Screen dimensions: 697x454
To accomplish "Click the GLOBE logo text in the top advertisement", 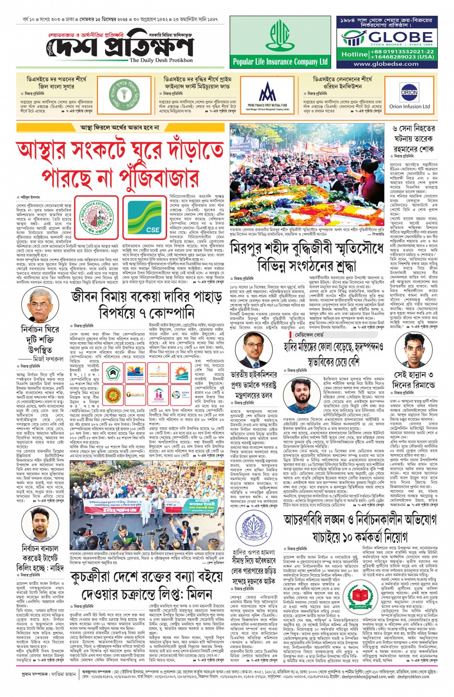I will pos(394,37).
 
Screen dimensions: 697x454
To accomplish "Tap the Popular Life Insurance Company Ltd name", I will pos(280,62).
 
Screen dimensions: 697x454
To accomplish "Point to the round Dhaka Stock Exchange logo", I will pos(99,216).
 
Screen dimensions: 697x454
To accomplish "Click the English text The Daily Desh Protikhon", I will pos(161,60).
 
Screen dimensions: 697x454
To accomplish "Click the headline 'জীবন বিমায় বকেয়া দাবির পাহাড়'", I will pos(147,298).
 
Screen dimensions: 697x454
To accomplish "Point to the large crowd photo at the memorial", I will pos(307,178).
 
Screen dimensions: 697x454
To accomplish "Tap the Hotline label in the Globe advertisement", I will pos(354,54).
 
